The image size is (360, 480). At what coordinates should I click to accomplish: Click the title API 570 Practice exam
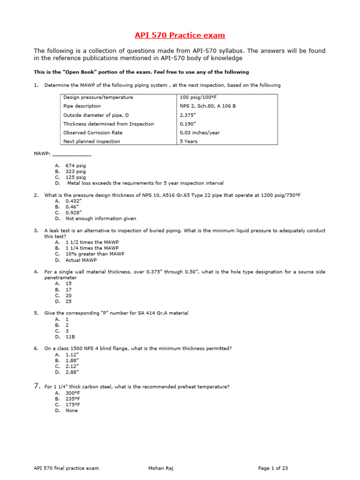click(180, 35)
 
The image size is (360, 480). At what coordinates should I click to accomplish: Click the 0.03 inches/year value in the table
click(200, 133)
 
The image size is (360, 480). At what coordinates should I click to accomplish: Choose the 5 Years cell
click(189, 141)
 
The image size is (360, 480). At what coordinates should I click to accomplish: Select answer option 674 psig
click(75, 165)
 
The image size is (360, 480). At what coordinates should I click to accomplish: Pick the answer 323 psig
click(75, 172)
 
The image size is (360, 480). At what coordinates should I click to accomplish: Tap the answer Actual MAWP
click(81, 260)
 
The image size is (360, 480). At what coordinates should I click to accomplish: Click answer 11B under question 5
click(70, 337)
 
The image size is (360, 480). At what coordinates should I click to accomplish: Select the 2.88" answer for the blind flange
click(72, 372)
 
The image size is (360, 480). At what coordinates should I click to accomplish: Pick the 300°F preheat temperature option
click(73, 393)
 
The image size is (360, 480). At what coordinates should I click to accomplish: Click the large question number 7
click(37, 386)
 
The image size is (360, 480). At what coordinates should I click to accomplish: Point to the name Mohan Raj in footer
click(160, 468)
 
